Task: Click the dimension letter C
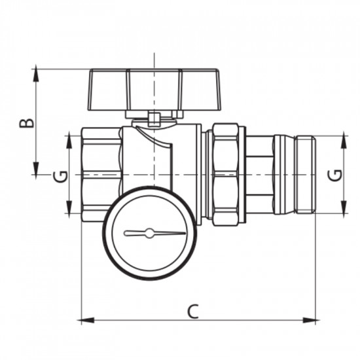192,310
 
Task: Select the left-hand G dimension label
60,175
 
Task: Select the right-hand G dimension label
334,175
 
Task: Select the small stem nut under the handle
154,119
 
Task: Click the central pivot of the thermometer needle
149,232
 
